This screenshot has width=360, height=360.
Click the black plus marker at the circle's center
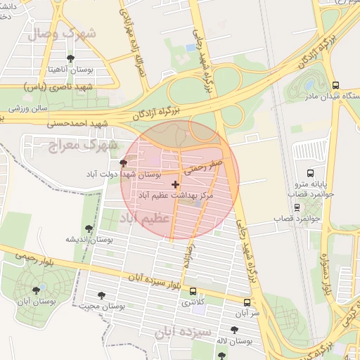click(x=176, y=184)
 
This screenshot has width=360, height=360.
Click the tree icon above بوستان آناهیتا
click(x=70, y=58)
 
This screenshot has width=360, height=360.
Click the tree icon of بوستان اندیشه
click(x=88, y=229)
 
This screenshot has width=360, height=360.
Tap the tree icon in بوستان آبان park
click(x=37, y=290)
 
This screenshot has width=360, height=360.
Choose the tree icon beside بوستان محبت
click(x=103, y=295)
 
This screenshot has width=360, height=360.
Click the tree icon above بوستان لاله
click(x=234, y=330)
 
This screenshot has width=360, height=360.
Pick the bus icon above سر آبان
click(x=245, y=301)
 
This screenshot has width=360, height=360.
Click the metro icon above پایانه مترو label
click(x=310, y=173)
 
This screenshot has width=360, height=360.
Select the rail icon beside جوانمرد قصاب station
click(x=297, y=207)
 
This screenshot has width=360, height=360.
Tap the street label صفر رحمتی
click(x=204, y=167)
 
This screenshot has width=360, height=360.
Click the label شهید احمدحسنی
click(x=78, y=122)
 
